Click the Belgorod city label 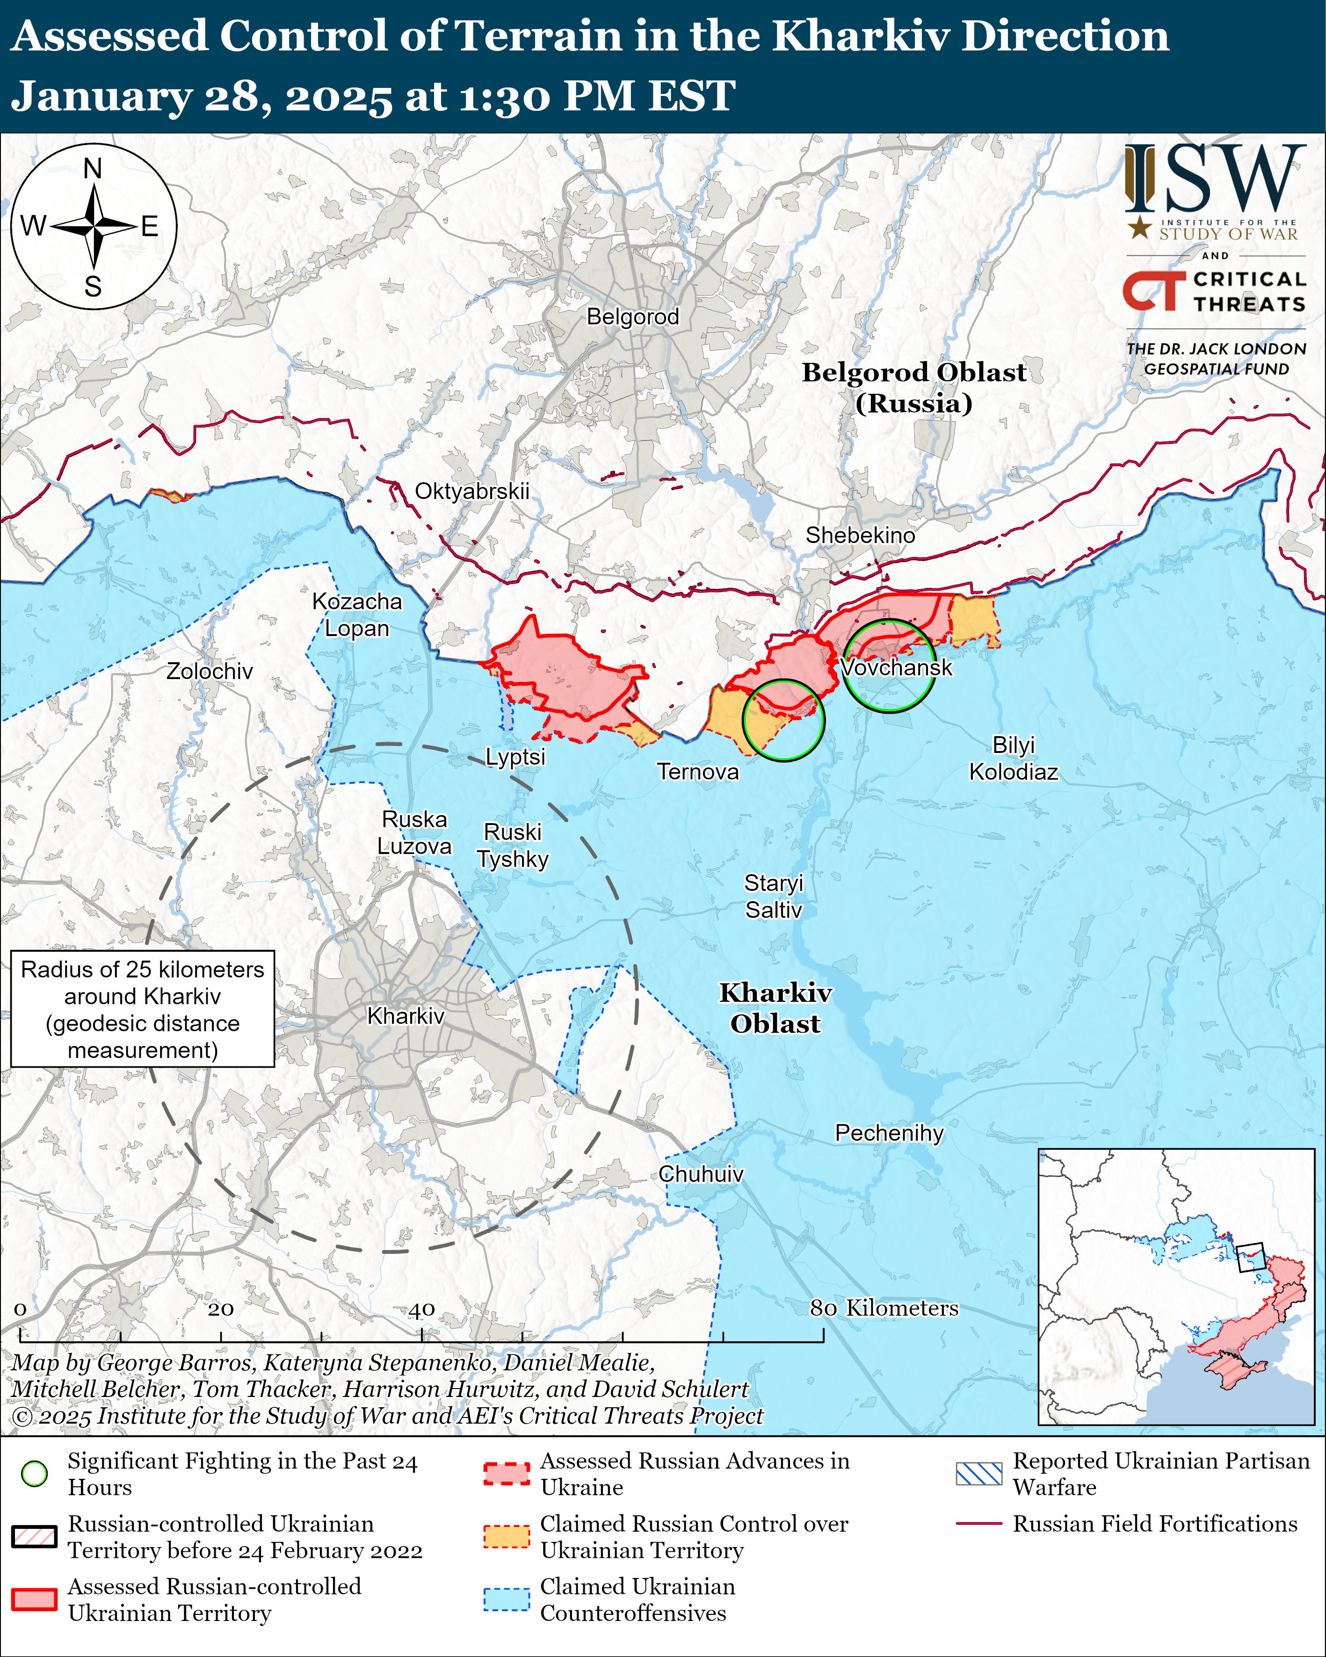pyautogui.click(x=633, y=317)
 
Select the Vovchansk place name pyautogui.click(x=896, y=667)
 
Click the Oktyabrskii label pyautogui.click(x=472, y=491)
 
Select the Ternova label pyautogui.click(x=697, y=772)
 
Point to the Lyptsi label pyautogui.click(x=515, y=757)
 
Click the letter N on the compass pyautogui.click(x=93, y=168)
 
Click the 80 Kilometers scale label pyautogui.click(x=884, y=1308)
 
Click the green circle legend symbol pyautogui.click(x=35, y=1473)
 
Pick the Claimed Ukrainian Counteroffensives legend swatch pyautogui.click(x=507, y=1599)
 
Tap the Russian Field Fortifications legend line pyautogui.click(x=978, y=1523)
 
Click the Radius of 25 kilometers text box pyautogui.click(x=143, y=1009)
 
